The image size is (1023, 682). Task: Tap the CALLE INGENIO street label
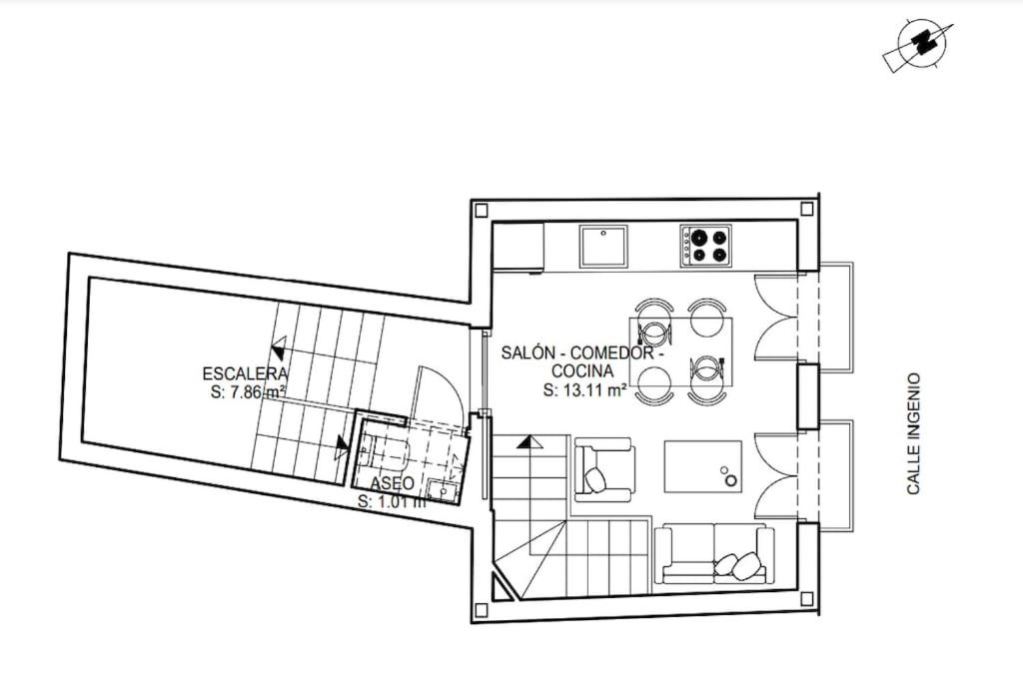tap(913, 433)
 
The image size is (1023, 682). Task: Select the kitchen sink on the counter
tap(603, 246)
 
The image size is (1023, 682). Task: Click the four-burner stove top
tap(705, 246)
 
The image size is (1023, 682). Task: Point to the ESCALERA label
tap(245, 374)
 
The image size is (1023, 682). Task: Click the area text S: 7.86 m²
tap(248, 392)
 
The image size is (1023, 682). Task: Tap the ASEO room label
tap(392, 483)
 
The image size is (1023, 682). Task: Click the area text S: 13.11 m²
tap(584, 390)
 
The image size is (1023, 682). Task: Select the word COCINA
tap(582, 371)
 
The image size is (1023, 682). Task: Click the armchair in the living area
tap(604, 469)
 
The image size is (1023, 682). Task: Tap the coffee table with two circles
tap(702, 466)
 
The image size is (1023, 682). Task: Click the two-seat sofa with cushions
tap(714, 553)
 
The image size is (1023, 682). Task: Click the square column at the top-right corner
tap(807, 210)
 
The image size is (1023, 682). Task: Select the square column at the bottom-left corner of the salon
tap(482, 610)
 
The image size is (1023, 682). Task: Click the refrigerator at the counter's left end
tap(518, 246)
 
